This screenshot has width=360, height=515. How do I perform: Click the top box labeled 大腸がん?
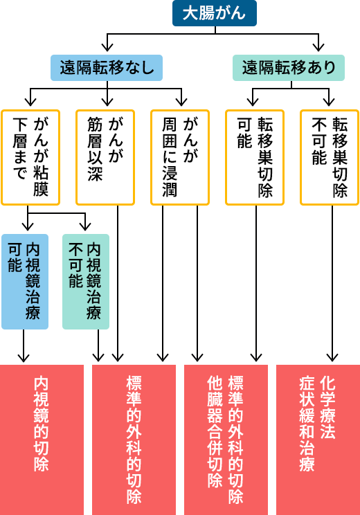(215, 13)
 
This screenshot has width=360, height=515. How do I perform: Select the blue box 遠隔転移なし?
(107, 68)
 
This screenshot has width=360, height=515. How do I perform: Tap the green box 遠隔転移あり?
(289, 68)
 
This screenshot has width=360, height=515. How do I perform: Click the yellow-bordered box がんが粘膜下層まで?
(30, 157)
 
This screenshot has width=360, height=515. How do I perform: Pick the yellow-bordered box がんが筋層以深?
(105, 157)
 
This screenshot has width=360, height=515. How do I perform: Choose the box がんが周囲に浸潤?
(180, 157)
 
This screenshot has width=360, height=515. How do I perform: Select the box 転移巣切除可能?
(255, 157)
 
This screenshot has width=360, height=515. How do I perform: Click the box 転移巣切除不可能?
(330, 157)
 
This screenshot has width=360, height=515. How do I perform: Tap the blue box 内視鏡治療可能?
(25, 282)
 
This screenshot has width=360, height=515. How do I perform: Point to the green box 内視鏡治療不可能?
(86, 282)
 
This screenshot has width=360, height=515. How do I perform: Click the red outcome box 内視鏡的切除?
(42, 440)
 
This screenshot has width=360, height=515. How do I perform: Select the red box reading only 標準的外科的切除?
(134, 440)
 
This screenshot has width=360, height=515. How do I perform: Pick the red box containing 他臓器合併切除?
(226, 440)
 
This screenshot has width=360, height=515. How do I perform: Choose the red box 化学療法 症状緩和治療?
(318, 440)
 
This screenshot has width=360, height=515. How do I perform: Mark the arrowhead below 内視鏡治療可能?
(24, 357)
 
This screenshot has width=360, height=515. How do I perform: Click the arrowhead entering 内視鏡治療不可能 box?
(85, 226)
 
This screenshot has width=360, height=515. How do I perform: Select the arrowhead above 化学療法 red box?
(332, 357)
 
